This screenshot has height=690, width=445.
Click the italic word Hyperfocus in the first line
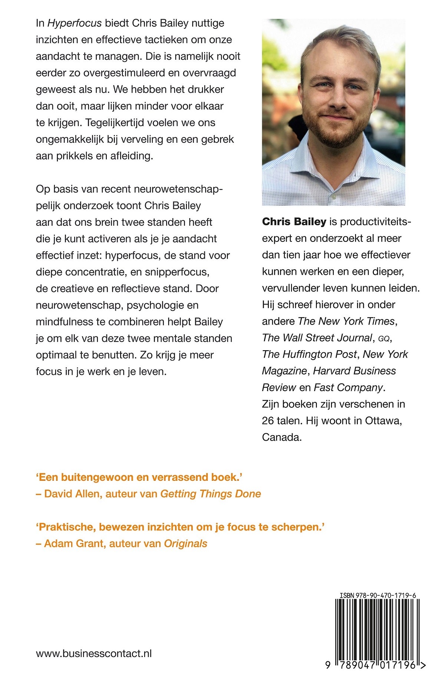pyautogui.click(x=75, y=23)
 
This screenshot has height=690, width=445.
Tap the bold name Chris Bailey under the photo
pyautogui.click(x=294, y=222)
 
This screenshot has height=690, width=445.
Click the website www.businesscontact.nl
pyautogui.click(x=94, y=654)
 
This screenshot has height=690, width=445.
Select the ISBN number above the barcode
pyautogui.click(x=378, y=595)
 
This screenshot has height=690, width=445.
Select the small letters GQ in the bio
pyautogui.click(x=383, y=339)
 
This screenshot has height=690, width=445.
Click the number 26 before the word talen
pyautogui.click(x=268, y=421)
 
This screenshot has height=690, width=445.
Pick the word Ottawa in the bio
pyautogui.click(x=382, y=421)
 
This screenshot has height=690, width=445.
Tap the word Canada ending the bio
pyautogui.click(x=281, y=437)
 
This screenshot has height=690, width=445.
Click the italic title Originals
pyautogui.click(x=186, y=543)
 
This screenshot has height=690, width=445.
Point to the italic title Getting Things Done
pyautogui.click(x=211, y=494)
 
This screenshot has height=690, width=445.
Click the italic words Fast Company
pyautogui.click(x=348, y=388)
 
